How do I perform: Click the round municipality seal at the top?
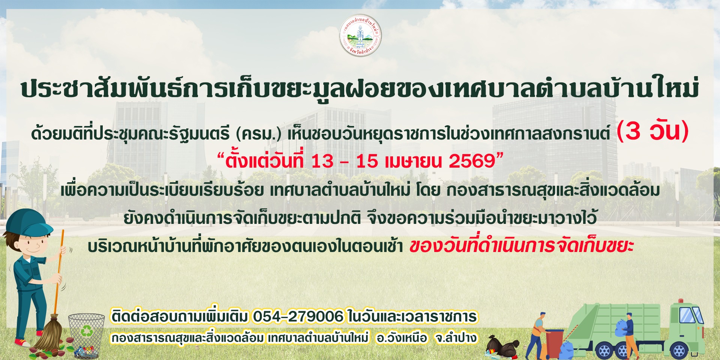point(360,36)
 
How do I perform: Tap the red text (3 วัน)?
point(652,131)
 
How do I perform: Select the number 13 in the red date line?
point(322,161)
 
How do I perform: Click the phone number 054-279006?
point(298,316)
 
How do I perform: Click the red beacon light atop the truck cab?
point(681,301)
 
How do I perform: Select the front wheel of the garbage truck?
point(679,351)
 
